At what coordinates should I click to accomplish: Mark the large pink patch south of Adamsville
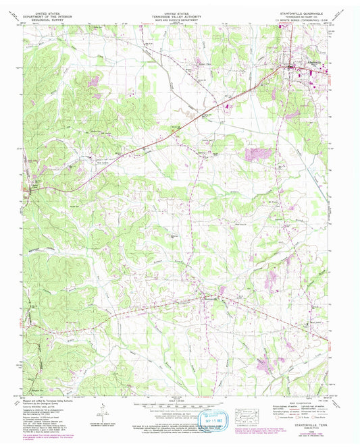256,154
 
